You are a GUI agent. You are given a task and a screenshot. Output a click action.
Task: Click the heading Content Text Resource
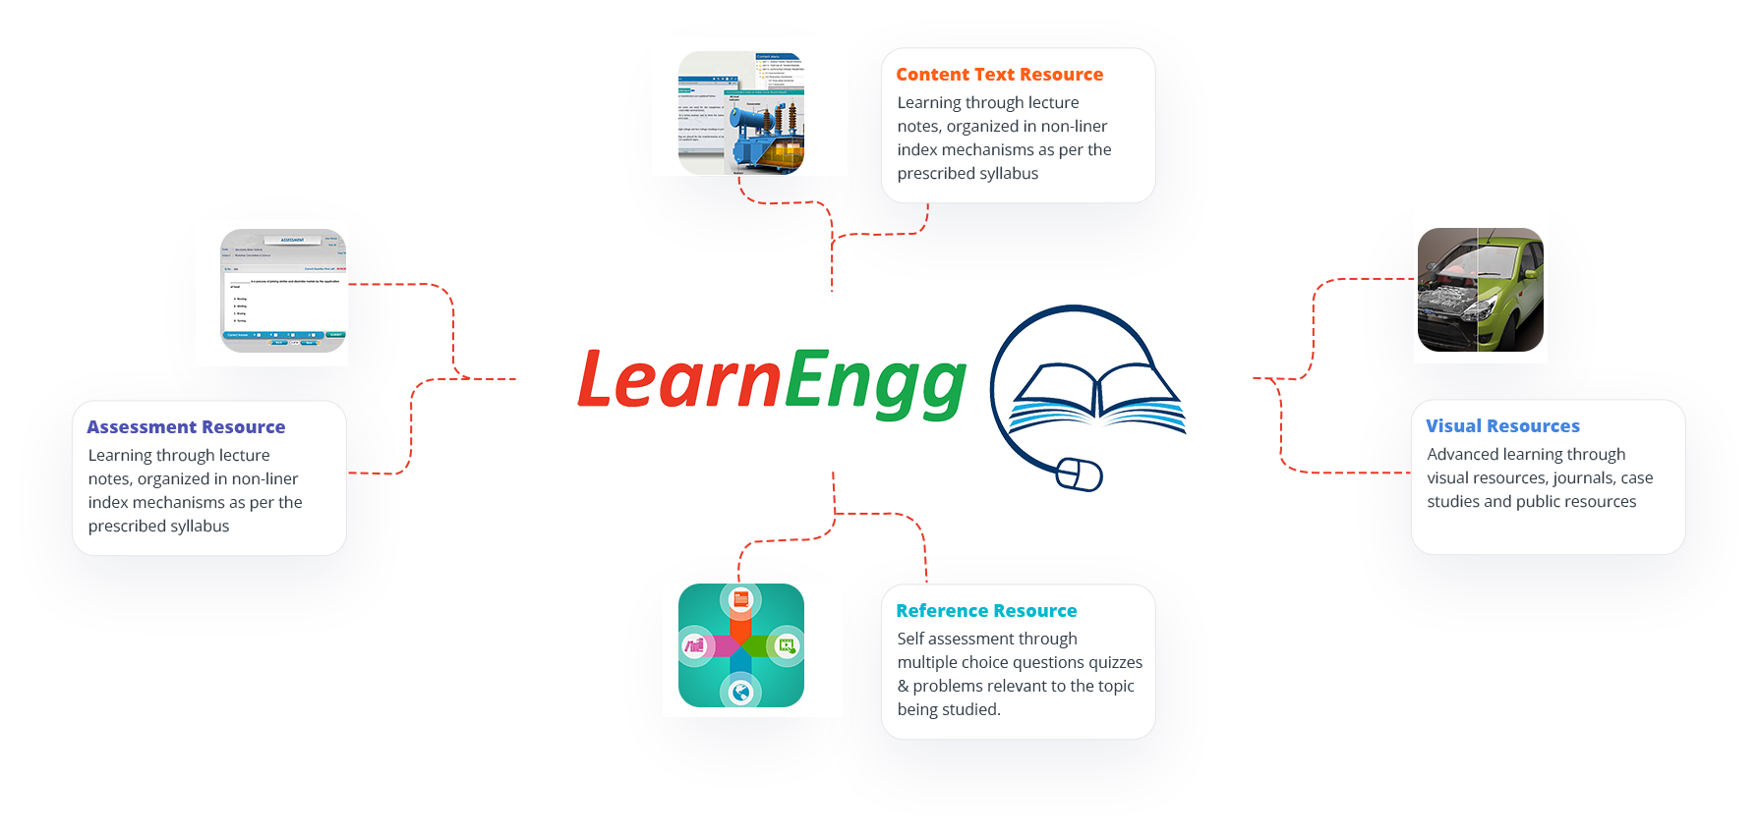pyautogui.click(x=999, y=75)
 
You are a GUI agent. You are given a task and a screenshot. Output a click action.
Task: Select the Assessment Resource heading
pyautogui.click(x=186, y=427)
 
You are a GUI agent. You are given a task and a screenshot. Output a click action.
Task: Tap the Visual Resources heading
pyautogui.click(x=1502, y=426)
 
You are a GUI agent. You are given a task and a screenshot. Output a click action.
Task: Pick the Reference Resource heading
pyautogui.click(x=986, y=611)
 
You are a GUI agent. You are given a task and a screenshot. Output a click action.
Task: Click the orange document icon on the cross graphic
pyautogui.click(x=741, y=599)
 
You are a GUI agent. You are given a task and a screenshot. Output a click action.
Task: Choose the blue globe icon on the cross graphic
pyautogui.click(x=740, y=693)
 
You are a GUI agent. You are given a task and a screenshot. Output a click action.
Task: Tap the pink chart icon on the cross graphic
pyautogui.click(x=695, y=645)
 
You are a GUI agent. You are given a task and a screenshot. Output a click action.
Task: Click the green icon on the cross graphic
pyautogui.click(x=786, y=645)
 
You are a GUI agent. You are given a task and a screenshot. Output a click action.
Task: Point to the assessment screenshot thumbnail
pyautogui.click(x=283, y=291)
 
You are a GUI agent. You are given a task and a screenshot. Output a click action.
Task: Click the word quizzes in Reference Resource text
pyautogui.click(x=1115, y=662)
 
